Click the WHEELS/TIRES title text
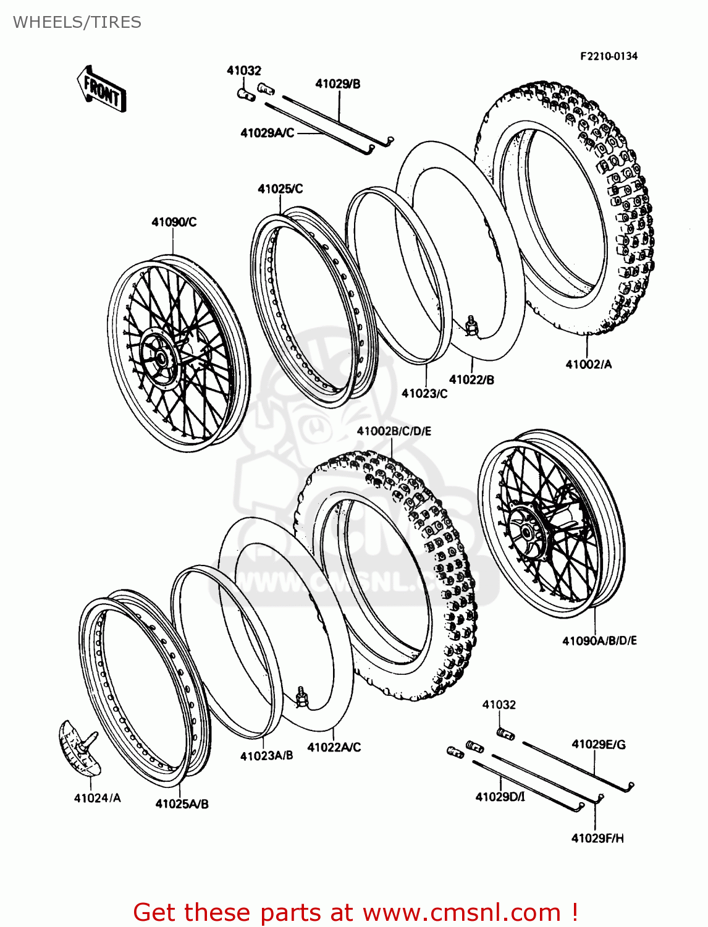[77, 22]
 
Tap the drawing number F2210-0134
[608, 56]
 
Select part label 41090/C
[174, 222]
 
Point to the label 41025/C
[280, 189]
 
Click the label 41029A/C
[267, 133]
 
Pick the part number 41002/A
[588, 365]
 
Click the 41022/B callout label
[471, 380]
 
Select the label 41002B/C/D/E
[394, 431]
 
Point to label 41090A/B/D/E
[599, 641]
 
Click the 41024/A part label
[97, 798]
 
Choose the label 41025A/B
[182, 804]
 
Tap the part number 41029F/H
[597, 838]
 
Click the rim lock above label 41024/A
[79, 747]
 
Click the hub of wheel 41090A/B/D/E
[526, 531]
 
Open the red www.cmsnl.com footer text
[355, 912]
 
